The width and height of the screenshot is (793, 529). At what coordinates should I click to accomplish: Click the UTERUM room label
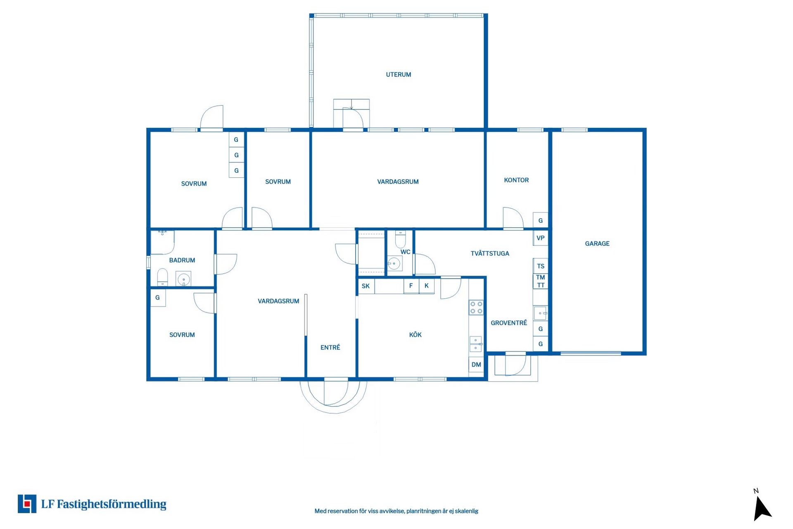click(x=398, y=75)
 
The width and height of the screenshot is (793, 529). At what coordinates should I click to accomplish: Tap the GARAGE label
click(x=597, y=244)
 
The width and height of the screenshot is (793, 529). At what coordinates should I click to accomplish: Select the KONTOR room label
click(x=516, y=180)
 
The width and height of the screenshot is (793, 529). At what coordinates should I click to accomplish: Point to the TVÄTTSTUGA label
click(x=490, y=254)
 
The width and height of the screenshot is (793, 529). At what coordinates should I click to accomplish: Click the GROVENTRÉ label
click(x=508, y=323)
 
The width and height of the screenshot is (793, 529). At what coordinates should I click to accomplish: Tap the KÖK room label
click(x=415, y=335)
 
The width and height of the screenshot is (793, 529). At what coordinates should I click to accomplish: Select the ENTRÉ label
click(x=330, y=348)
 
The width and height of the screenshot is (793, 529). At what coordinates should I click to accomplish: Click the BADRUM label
click(x=182, y=260)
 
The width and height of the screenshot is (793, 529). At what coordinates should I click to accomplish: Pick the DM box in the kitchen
click(x=476, y=365)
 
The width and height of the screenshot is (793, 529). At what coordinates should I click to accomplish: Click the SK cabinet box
click(x=366, y=286)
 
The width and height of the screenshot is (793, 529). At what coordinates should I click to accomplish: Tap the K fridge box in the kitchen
click(x=427, y=286)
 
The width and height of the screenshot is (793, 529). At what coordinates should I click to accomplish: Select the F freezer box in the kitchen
click(x=411, y=286)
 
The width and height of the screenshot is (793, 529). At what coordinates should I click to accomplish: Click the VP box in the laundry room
click(x=540, y=238)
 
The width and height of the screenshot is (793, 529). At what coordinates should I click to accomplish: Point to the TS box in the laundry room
click(x=540, y=266)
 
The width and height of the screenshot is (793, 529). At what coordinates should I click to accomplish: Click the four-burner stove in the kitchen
click(x=476, y=307)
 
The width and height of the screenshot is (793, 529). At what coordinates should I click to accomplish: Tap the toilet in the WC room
click(x=400, y=239)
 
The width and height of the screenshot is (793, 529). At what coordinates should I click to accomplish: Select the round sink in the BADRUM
click(x=183, y=279)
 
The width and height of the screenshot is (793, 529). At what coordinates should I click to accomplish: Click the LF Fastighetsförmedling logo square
click(x=27, y=504)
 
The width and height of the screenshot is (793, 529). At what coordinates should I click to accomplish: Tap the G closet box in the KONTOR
click(x=540, y=221)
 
